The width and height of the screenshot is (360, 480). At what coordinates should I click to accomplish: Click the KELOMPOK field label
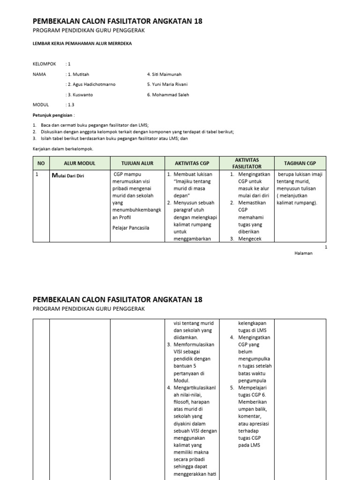pos(44,64)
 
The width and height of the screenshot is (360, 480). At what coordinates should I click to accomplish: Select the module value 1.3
pos(70,105)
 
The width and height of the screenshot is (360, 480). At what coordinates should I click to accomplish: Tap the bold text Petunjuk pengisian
pos(53,115)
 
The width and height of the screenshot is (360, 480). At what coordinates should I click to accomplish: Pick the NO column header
pos(40,163)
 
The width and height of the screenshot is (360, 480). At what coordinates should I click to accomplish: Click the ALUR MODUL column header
pos(80,163)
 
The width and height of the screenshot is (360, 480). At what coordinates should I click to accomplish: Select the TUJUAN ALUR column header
pos(137,163)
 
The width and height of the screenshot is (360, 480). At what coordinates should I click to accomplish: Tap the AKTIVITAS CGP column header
pos(192,163)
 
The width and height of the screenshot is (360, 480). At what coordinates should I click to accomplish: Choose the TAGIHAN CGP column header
pos(300,163)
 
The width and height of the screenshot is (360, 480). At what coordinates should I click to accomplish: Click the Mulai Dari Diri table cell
pos(68,176)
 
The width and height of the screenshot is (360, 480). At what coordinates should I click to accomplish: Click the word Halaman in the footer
pos(303,253)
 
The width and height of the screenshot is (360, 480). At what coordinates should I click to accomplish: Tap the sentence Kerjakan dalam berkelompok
pos(63,149)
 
